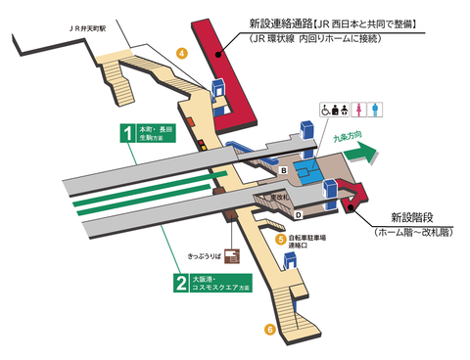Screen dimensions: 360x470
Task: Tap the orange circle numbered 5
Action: (280, 238)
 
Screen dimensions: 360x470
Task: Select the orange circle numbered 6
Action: (270, 329)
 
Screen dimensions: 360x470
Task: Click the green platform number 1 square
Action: (126, 133)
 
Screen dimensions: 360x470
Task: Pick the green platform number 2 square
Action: (180, 285)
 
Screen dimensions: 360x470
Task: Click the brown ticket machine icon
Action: (231, 255)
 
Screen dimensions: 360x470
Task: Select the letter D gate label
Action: (298, 214)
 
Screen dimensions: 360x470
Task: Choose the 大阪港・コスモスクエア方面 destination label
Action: (221, 285)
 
